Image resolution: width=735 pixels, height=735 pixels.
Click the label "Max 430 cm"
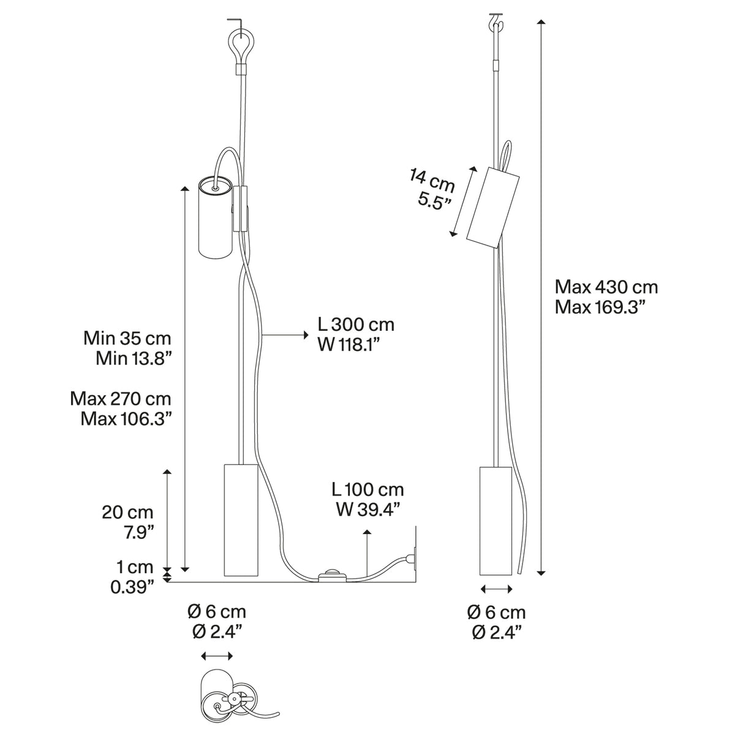[606, 287]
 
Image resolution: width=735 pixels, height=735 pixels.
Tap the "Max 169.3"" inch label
[601, 307]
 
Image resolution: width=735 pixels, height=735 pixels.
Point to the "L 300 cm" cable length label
[356, 325]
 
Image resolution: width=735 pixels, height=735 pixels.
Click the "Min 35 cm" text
[127, 338]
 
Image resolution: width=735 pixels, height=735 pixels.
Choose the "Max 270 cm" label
[120, 399]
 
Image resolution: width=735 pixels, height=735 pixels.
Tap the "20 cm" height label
[127, 512]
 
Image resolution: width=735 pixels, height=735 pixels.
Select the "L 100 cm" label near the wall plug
[367, 489]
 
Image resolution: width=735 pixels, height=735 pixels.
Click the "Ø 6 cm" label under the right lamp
[496, 612]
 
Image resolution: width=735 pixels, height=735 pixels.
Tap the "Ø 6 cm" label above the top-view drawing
[217, 611]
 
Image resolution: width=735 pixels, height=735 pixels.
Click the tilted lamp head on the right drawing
[493, 207]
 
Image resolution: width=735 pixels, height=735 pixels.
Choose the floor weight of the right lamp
[495, 521]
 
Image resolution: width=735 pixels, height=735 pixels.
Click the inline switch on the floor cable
[331, 576]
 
